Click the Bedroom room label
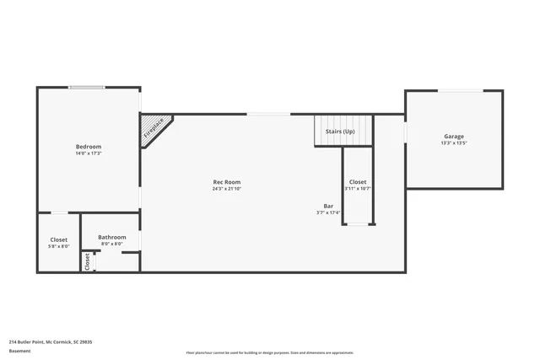(89, 147)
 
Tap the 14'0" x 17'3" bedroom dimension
(89, 153)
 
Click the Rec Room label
(227, 182)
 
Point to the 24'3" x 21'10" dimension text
(227, 189)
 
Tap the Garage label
(454, 137)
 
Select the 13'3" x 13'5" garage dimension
(454, 143)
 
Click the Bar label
(328, 206)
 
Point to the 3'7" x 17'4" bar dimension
(328, 212)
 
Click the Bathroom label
(111, 237)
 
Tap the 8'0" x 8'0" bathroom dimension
(111, 244)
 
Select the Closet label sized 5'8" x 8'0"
(58, 239)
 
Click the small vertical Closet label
(87, 262)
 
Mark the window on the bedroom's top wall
(87, 87)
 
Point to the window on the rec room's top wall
(268, 114)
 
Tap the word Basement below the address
(19, 351)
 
